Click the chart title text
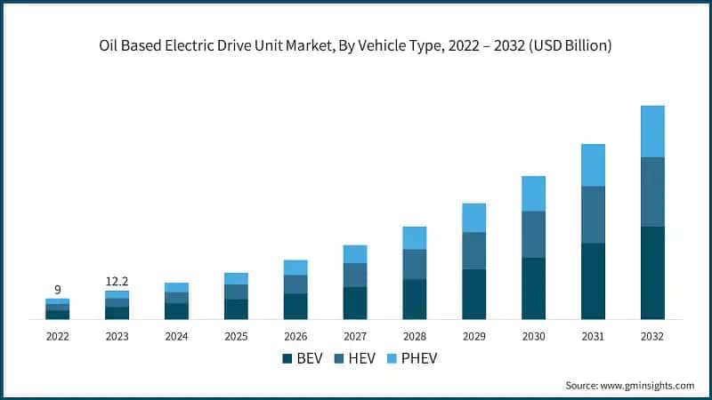click(356, 46)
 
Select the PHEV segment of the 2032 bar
click(652, 132)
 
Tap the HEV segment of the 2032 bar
click(652, 192)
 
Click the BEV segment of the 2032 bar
click(652, 273)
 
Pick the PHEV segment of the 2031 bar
click(593, 165)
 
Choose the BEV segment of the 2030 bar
click(533, 288)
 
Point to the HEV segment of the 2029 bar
click(473, 251)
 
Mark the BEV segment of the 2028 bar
click(414, 300)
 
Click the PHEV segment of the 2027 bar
click(355, 254)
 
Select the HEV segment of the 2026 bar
click(295, 284)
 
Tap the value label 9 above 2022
click(58, 290)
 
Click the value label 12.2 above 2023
click(117, 281)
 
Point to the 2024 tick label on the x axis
click(176, 337)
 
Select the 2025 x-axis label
click(236, 337)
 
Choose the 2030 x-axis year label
click(533, 337)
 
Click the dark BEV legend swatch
click(287, 358)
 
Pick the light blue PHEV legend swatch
click(392, 358)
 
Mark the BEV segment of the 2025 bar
click(236, 309)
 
